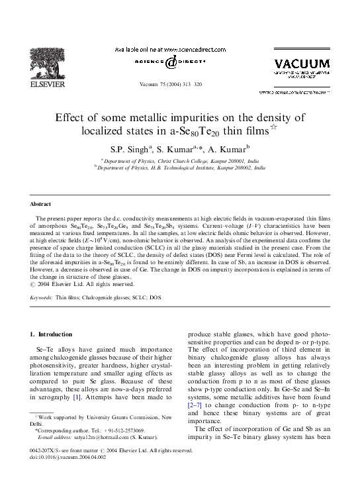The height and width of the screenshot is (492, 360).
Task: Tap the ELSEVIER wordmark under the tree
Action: tap(51, 84)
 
